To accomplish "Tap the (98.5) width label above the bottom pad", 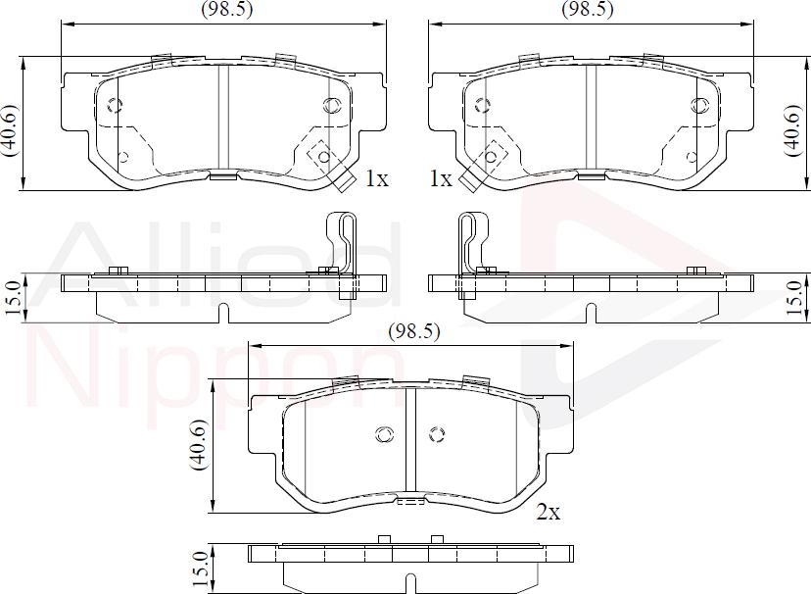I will point(413,331).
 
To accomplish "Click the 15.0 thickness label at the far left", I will point(13,293).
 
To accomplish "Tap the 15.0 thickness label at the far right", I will point(799,293).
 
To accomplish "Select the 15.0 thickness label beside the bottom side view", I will point(201,566).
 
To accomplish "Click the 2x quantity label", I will point(548,512).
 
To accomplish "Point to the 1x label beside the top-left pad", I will point(377,178).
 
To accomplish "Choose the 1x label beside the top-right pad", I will point(440,178).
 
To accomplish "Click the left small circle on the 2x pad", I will point(384,434).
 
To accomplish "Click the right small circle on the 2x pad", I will point(436,434).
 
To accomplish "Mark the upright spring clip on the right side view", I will point(470,245).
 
